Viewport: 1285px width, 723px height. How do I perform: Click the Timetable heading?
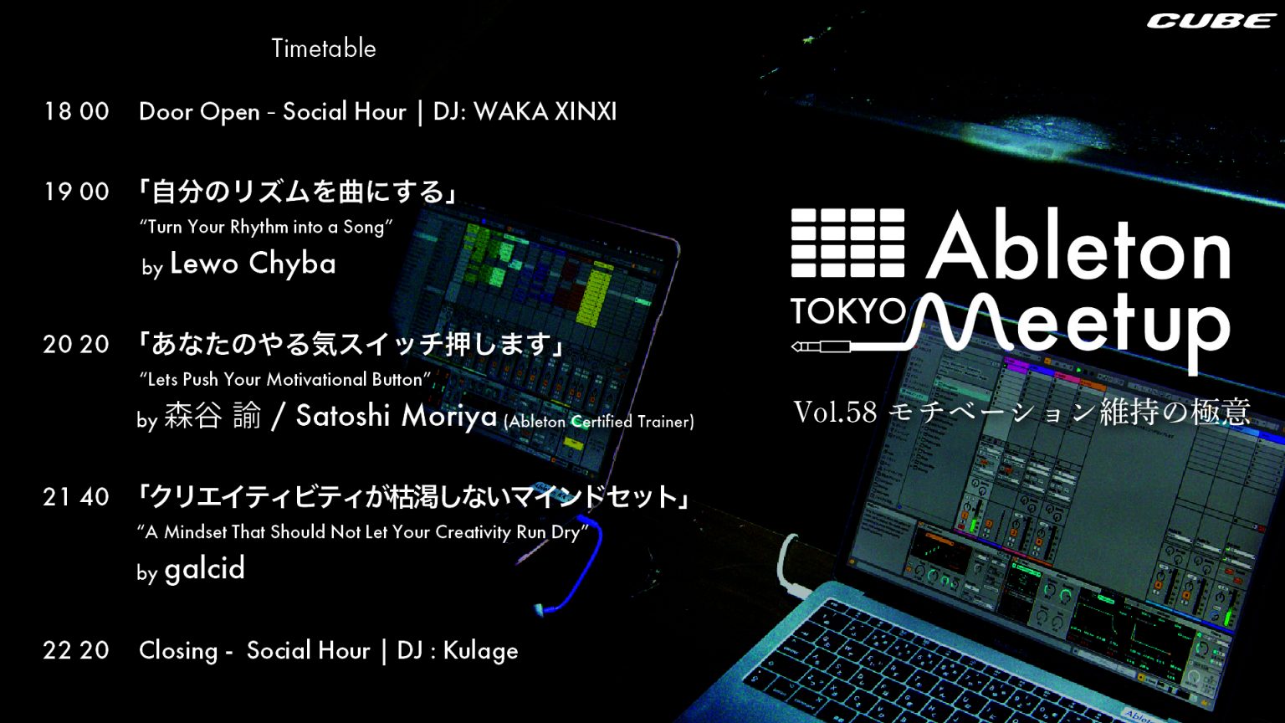coord(324,49)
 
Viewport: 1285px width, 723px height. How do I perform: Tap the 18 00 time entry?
coord(76,111)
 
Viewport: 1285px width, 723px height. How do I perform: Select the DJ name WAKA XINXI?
coord(545,111)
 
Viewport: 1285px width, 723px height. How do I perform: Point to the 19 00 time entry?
coord(76,192)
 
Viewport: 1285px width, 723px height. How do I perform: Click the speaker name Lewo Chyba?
coord(253,264)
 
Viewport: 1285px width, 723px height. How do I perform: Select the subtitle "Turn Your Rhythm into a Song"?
coord(266,228)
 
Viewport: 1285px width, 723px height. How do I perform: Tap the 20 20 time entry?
coord(76,344)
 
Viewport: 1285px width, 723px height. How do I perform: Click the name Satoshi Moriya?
coord(396,416)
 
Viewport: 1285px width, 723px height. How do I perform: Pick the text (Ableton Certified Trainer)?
coord(599,422)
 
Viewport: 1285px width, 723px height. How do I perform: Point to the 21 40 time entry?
coord(76,497)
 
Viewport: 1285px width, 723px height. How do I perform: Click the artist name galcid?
coord(205,568)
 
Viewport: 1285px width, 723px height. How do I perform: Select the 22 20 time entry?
coord(76,651)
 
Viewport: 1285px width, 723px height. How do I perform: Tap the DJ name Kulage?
coord(481,651)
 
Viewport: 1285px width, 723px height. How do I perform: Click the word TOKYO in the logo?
coord(848,311)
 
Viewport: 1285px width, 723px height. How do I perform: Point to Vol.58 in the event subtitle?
coord(835,412)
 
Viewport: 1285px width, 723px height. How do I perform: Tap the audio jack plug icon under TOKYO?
coord(821,346)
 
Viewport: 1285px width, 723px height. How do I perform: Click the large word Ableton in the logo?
coord(1078,244)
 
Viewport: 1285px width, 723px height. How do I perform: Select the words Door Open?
coord(199,112)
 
